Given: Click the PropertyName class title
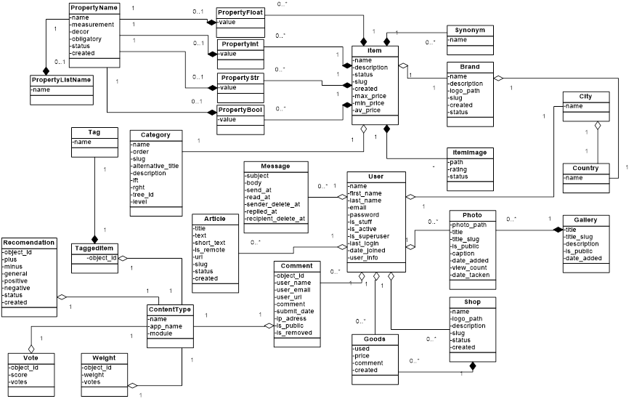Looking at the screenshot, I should pos(94,7).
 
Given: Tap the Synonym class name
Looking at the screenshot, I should pos(470,30).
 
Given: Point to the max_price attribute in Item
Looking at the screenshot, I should pos(370,96).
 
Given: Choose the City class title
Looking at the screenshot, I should pos(585,96).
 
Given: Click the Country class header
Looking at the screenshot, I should pos(585,169).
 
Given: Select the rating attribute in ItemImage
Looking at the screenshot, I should pos(459,169).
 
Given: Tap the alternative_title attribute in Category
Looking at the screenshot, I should pos(155,166).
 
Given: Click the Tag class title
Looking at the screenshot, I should pos(94,132).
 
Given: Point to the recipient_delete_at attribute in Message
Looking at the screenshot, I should pos(276,218).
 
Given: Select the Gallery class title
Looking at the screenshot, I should pos(585,219).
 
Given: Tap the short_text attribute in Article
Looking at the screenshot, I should pos(210,243).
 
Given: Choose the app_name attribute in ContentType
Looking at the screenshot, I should pos(166,326).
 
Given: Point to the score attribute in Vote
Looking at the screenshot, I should pos(20,374).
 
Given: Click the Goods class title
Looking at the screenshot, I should pos(375,339).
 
